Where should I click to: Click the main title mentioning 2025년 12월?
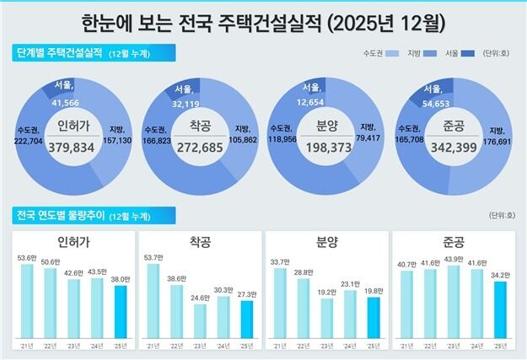(x=263, y=19)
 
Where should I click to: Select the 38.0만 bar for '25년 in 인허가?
(x=120, y=312)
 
